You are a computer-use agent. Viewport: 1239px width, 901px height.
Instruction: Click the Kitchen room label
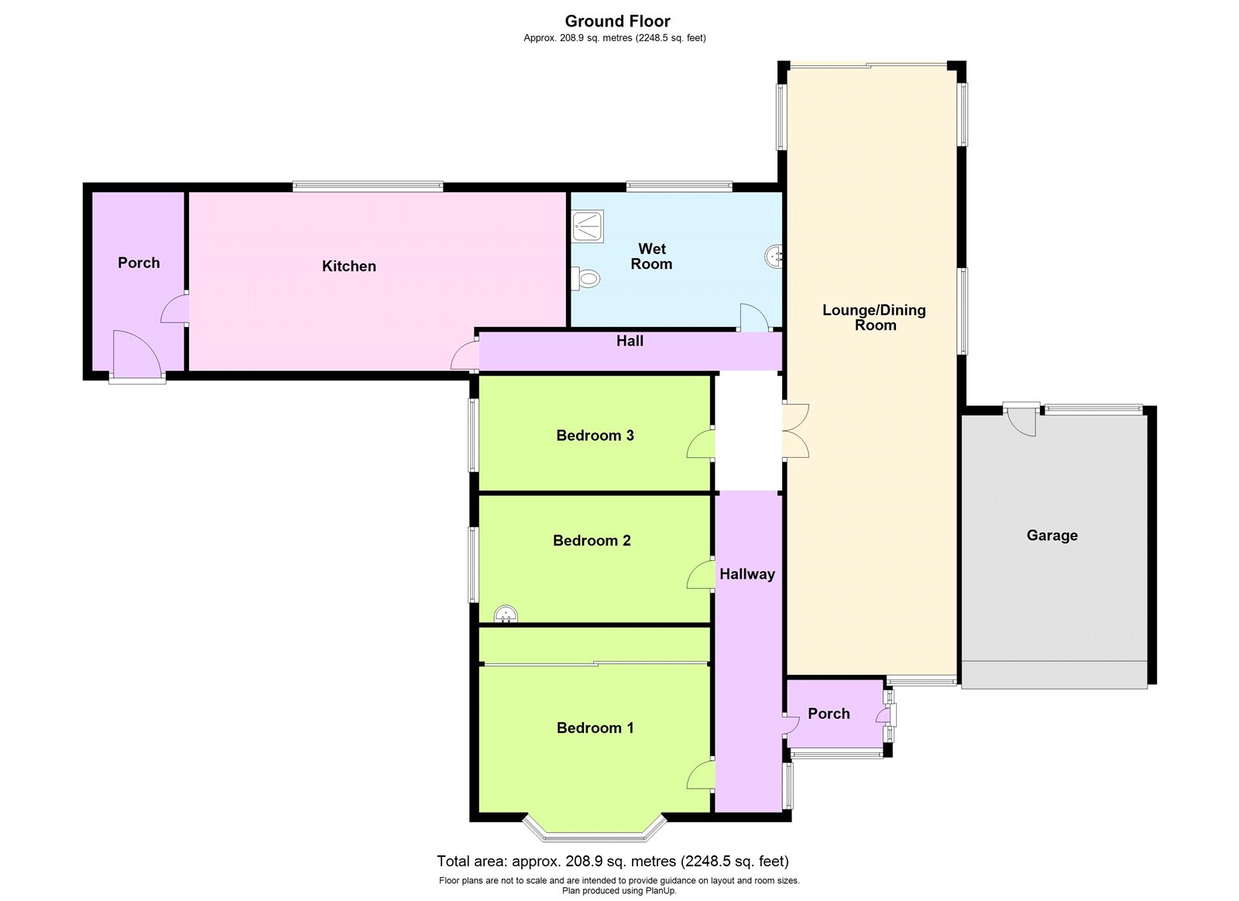click(349, 267)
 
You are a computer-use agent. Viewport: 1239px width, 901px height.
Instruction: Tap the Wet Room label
click(651, 256)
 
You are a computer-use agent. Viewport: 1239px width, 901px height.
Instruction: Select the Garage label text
click(1052, 536)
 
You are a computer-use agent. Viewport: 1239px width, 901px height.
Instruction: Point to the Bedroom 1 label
click(595, 727)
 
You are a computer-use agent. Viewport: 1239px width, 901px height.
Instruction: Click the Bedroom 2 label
click(592, 541)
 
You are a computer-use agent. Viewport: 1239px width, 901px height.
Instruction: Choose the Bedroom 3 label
click(595, 435)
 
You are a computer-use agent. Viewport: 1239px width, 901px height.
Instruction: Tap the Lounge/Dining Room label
click(874, 318)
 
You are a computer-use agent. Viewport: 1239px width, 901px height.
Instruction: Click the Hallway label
click(747, 575)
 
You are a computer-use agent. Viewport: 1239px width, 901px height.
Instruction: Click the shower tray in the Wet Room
click(588, 225)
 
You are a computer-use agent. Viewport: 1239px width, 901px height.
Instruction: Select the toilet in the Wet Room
click(586, 278)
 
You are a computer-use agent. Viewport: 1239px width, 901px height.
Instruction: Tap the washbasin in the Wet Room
click(774, 256)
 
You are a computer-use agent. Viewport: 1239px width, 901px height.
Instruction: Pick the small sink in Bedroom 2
click(506, 614)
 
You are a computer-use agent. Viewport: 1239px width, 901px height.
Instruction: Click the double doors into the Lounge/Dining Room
click(795, 431)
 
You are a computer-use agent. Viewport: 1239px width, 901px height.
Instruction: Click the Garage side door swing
click(1022, 421)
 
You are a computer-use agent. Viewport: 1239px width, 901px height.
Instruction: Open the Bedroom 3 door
click(701, 444)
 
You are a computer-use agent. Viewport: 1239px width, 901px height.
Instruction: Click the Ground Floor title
click(617, 21)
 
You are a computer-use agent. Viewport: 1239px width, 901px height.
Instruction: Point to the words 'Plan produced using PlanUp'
click(619, 890)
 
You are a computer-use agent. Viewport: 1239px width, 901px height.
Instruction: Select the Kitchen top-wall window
click(368, 187)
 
